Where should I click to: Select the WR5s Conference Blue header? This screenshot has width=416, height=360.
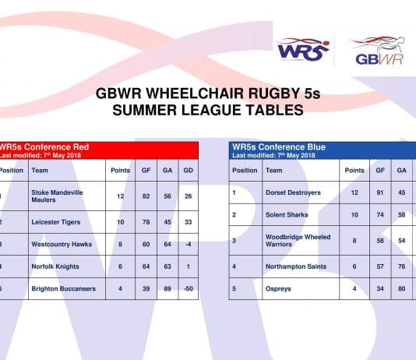click(x=279, y=146)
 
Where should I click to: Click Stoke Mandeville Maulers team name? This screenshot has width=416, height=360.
click(x=57, y=196)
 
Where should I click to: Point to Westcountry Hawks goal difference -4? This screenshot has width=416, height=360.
click(x=189, y=244)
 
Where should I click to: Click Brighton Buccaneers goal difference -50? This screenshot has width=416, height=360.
click(x=187, y=288)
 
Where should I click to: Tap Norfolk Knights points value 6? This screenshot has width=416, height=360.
click(x=121, y=266)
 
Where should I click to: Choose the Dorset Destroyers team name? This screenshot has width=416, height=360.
click(x=293, y=192)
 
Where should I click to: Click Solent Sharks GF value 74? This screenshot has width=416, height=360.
click(x=380, y=214)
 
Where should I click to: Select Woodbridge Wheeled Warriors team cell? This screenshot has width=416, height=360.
click(x=298, y=241)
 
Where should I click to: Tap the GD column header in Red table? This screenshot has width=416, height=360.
click(x=188, y=170)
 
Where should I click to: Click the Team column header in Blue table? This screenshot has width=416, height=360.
click(x=274, y=170)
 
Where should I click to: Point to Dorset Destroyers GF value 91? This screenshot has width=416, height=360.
click(x=380, y=192)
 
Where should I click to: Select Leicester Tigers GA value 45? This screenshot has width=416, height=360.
click(x=167, y=222)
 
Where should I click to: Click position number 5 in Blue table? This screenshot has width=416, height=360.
click(x=234, y=288)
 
